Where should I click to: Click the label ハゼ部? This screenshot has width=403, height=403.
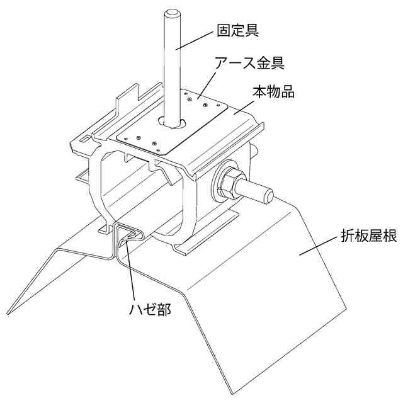click(x=149, y=309)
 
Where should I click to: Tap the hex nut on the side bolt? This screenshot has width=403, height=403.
click(x=231, y=182)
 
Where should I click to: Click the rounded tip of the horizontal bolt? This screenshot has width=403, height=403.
click(x=268, y=195)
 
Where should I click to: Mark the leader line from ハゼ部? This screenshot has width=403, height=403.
click(x=130, y=271)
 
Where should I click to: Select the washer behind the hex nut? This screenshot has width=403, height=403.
click(x=218, y=184)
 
